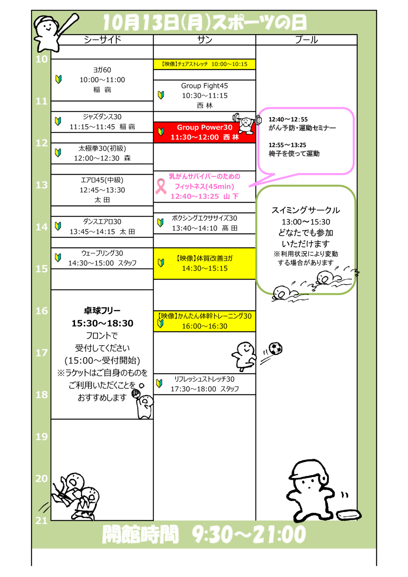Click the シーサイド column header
pos(102,40)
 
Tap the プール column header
pos(306,40)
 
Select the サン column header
pos(205,40)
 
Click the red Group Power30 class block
pos(205,132)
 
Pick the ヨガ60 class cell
pos(102,80)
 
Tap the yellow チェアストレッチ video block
pos(205,64)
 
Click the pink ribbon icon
pos(161,186)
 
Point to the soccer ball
pos(276,348)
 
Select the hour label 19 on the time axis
pos(41,437)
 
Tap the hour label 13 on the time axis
pos(41,185)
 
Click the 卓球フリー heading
pos(102,310)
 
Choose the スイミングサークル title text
pos(306,210)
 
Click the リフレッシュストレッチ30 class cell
pos(205,384)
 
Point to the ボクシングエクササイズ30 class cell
pos(205,223)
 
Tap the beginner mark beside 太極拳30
pos(58,153)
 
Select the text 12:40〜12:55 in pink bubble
pos(288,119)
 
